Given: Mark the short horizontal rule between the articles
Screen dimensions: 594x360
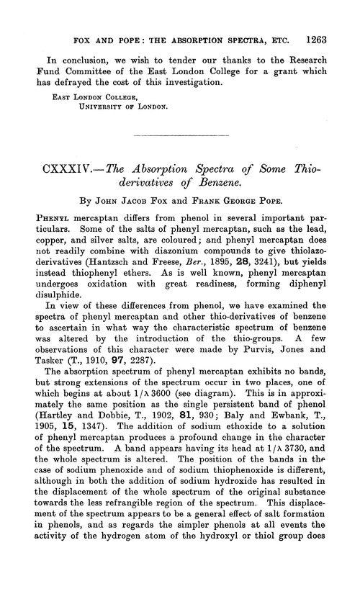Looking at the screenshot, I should (x=179, y=137).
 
